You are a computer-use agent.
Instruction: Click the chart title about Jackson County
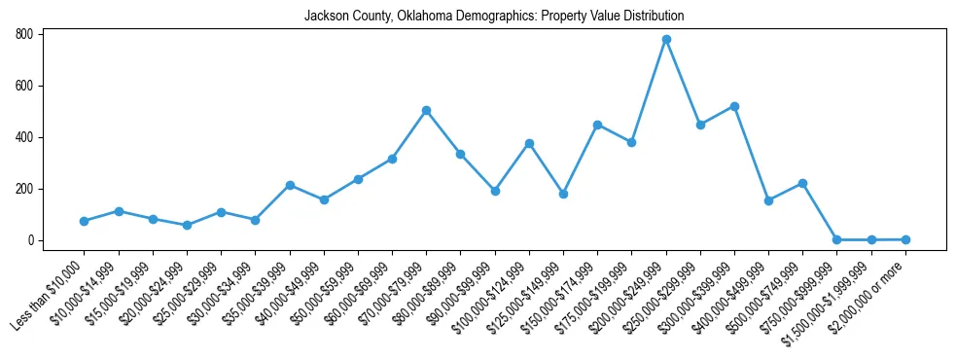[494, 17]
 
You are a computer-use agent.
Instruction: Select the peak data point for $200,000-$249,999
[666, 40]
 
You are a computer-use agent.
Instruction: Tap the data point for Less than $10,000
[84, 221]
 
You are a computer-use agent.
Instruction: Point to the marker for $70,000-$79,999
[426, 111]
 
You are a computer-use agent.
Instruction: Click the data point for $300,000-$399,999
[734, 106]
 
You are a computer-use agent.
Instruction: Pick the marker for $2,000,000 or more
[905, 239]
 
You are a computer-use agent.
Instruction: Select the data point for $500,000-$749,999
[802, 183]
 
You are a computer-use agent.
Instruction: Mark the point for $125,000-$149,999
[563, 194]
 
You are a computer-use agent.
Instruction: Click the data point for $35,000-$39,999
[290, 185]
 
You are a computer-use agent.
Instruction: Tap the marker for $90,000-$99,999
[495, 191]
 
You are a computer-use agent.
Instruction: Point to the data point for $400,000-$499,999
[768, 200]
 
